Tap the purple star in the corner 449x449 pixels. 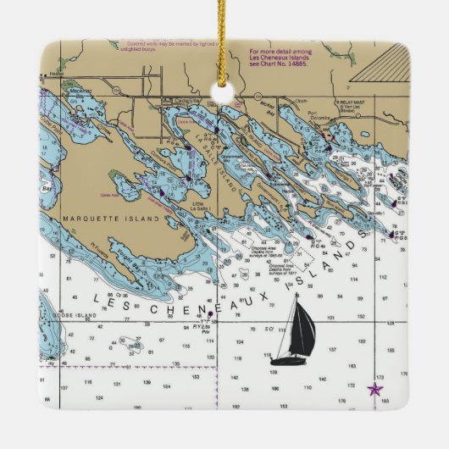point(374,390)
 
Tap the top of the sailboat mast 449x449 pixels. point(297,296)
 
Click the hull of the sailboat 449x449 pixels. point(288,361)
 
